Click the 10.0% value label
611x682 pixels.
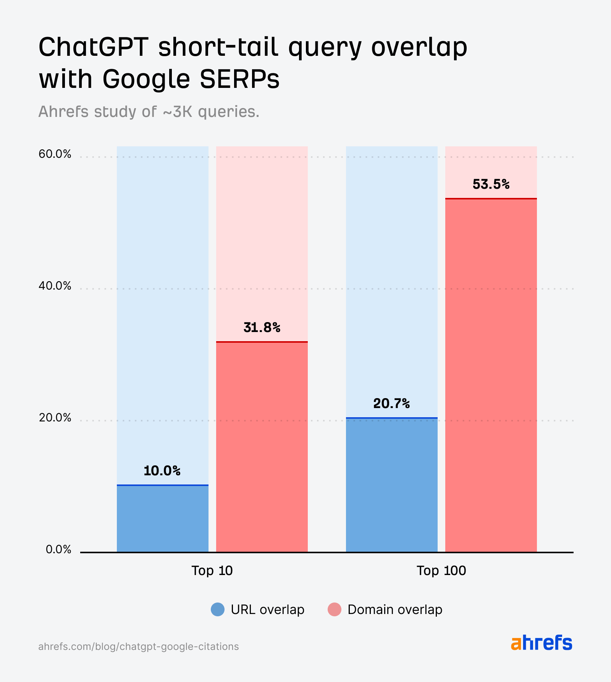pyautogui.click(x=162, y=471)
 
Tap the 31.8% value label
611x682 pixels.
pyautogui.click(x=262, y=327)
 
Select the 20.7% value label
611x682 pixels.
pyautogui.click(x=391, y=403)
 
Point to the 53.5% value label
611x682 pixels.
pyautogui.click(x=491, y=185)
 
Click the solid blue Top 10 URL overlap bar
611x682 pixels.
pyautogui.click(x=163, y=519)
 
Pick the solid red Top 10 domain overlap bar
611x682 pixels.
pyautogui.click(x=262, y=447)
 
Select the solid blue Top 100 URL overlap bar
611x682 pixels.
pyautogui.click(x=392, y=485)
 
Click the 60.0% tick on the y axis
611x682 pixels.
pyautogui.click(x=55, y=154)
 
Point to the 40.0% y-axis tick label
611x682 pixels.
pyautogui.click(x=55, y=286)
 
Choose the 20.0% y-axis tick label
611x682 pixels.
pyautogui.click(x=55, y=418)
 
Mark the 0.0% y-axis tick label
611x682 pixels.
pyautogui.click(x=58, y=549)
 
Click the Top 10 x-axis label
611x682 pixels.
pyautogui.click(x=212, y=570)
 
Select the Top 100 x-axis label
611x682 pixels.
pyautogui.click(x=441, y=570)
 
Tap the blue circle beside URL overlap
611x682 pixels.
pyautogui.click(x=218, y=609)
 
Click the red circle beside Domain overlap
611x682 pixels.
pyautogui.click(x=335, y=609)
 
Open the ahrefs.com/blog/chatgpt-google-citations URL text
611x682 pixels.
pyautogui.click(x=139, y=646)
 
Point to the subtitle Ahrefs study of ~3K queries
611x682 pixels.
pyautogui.click(x=149, y=112)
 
